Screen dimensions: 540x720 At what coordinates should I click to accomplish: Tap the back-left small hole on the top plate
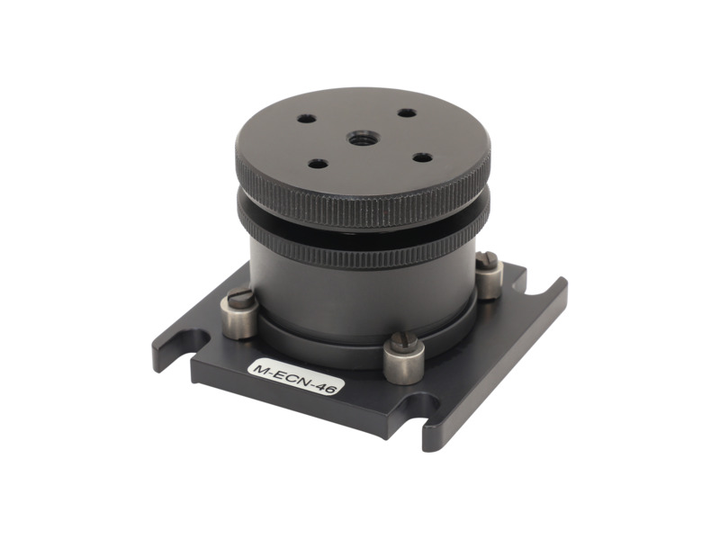(307, 119)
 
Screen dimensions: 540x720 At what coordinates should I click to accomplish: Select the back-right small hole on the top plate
(407, 112)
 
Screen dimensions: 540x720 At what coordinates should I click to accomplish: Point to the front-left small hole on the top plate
(317, 164)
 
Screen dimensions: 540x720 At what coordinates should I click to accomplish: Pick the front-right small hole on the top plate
(422, 157)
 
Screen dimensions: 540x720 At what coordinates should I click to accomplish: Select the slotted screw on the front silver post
(403, 341)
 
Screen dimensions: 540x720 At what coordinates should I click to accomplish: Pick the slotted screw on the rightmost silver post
(488, 260)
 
